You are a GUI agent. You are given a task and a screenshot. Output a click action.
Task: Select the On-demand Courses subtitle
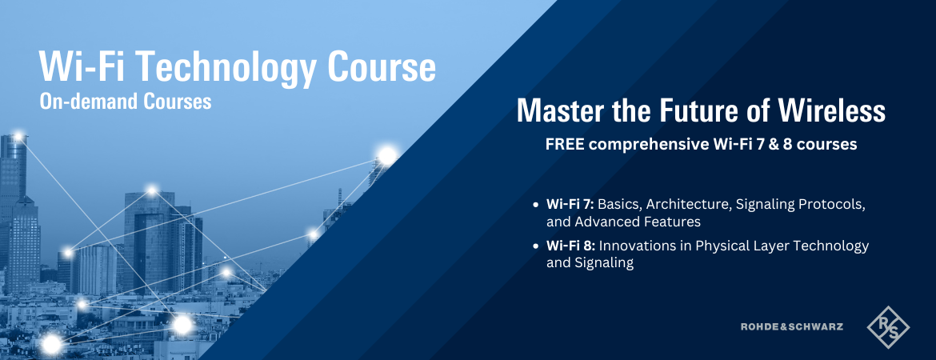126,102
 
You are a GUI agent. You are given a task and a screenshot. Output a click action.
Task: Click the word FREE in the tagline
561,145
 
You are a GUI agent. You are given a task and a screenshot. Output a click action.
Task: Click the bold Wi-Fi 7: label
570,205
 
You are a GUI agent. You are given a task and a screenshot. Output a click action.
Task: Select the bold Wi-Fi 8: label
570,246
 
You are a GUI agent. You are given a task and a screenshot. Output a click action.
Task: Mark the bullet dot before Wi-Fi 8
535,246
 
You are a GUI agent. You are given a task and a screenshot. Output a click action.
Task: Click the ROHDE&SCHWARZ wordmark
791,326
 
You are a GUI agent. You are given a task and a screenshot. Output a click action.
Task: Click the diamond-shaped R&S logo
888,327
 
